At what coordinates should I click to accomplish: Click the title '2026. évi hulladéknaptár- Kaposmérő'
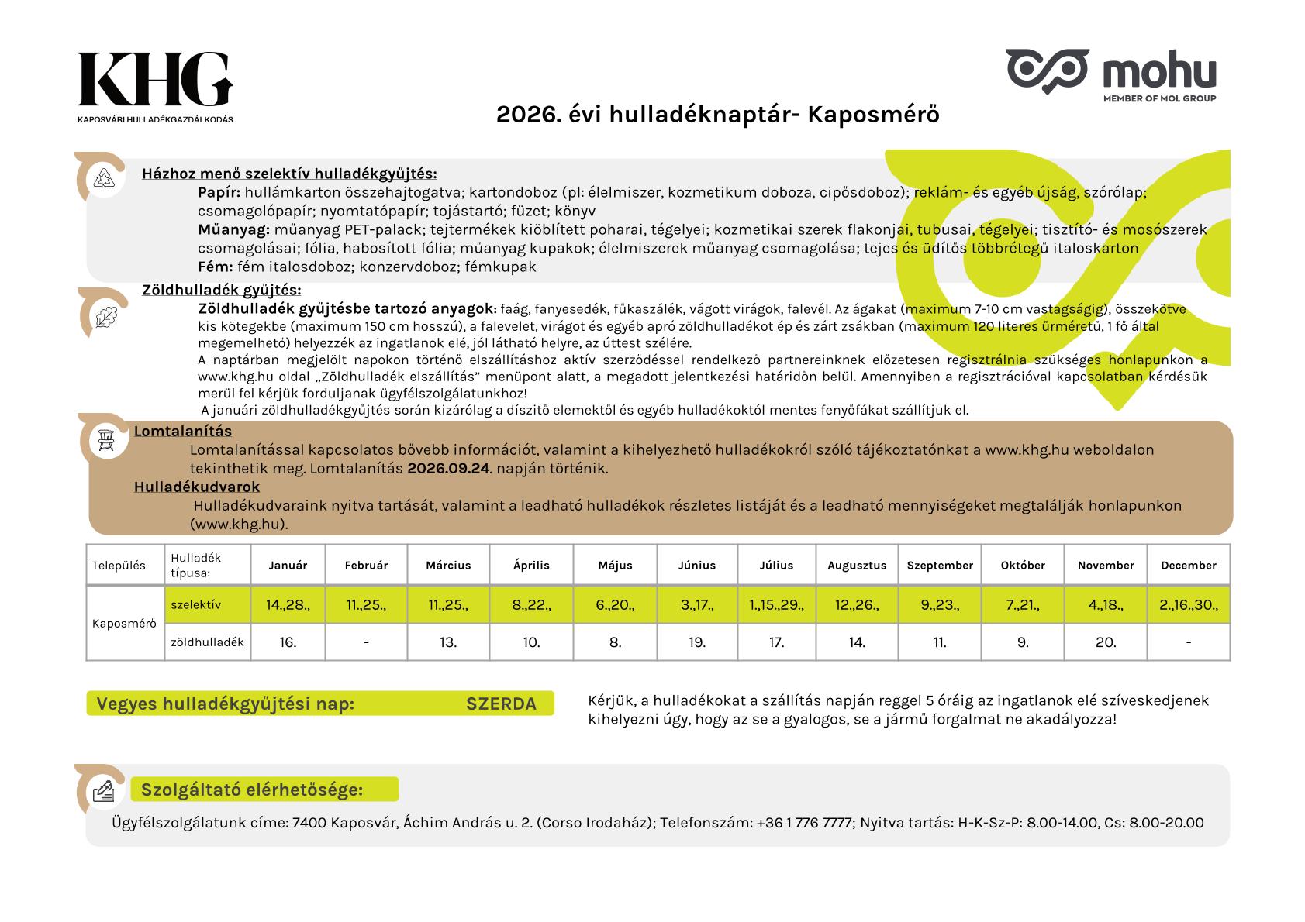click(717, 115)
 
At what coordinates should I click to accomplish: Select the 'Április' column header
click(531, 566)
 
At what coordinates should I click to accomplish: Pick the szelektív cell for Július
click(776, 605)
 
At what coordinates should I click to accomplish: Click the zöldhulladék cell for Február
click(366, 642)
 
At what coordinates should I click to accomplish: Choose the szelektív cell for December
click(1188, 605)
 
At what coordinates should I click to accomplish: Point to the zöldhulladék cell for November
click(1106, 642)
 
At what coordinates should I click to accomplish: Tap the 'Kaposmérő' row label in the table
click(124, 624)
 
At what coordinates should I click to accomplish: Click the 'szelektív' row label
click(195, 605)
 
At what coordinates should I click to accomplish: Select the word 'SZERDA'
click(501, 704)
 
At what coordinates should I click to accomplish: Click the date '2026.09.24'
click(449, 469)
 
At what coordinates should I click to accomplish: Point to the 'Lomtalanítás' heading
click(183, 432)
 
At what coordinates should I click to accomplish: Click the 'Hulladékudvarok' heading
click(197, 487)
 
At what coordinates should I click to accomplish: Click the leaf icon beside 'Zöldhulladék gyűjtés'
click(103, 316)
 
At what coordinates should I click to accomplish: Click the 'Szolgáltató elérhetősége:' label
click(252, 790)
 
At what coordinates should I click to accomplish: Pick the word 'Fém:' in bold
click(216, 267)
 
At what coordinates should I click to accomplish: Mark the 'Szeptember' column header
click(940, 566)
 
